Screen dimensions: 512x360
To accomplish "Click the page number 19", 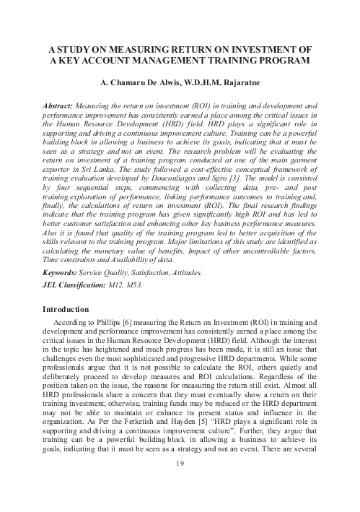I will tap(180, 483).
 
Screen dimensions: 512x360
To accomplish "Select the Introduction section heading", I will tap(70, 310).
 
